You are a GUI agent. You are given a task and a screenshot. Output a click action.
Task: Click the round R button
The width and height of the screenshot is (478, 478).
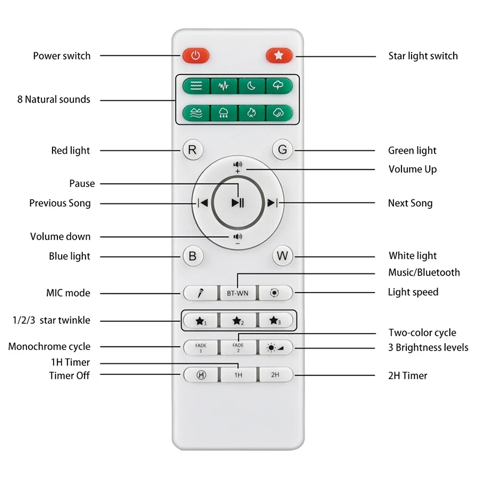coord(192,150)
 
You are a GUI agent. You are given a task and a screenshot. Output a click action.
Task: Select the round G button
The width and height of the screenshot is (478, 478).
coord(283,150)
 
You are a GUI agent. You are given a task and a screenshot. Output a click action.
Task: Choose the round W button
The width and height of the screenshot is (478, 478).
coord(283,256)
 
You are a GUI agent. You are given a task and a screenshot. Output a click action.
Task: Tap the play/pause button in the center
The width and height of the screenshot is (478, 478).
coord(237,202)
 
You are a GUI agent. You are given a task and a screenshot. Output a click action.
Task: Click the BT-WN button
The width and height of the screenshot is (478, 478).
coord(237,293)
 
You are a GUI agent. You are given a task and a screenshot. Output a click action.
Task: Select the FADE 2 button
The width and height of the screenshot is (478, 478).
coord(237,347)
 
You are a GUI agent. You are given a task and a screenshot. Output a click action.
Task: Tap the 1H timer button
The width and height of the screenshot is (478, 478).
coord(237,374)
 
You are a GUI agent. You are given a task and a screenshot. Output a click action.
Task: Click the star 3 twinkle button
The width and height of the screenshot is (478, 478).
coord(275,321)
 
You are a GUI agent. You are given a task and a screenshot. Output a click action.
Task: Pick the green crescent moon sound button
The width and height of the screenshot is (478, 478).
coord(252,86)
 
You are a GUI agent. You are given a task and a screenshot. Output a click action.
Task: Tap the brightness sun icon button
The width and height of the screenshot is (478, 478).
coord(275,347)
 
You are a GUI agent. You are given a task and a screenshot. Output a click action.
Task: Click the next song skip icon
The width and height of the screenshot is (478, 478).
coord(272,202)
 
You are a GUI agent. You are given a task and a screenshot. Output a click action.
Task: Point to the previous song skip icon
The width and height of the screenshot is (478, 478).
coord(202,202)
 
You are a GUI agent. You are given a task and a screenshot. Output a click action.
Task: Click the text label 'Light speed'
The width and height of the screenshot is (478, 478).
coord(413,292)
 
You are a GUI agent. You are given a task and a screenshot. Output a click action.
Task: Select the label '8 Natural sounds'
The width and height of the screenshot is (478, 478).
coord(54,99)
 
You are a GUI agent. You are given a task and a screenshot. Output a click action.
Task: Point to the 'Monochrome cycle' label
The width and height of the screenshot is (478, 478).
coord(49,347)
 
